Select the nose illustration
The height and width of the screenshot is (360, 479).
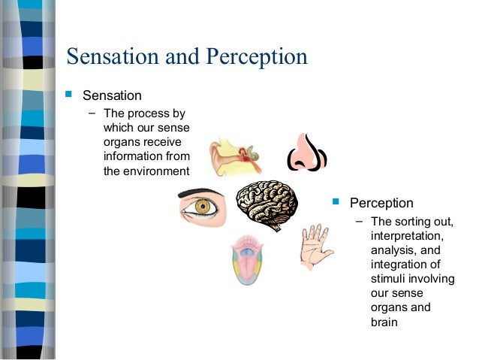(x=306, y=152)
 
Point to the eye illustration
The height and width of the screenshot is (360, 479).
(x=202, y=206)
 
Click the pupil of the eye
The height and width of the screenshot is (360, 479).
(x=202, y=206)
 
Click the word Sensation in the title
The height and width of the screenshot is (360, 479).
(x=111, y=57)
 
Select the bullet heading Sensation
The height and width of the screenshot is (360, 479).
(x=112, y=95)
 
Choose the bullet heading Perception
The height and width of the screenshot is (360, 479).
(x=381, y=203)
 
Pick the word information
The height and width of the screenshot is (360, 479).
(x=133, y=156)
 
